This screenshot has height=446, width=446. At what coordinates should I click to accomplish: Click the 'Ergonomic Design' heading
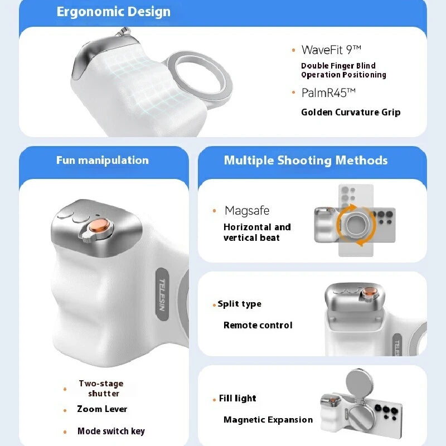(x=114, y=12)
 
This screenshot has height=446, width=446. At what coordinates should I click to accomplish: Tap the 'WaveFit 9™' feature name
(x=332, y=50)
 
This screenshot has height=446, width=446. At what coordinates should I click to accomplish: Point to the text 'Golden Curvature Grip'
(x=351, y=112)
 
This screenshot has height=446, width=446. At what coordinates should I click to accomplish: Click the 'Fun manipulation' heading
(x=103, y=161)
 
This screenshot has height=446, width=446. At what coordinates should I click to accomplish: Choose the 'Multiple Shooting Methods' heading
(x=306, y=161)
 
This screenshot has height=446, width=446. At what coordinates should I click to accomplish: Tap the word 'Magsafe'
(x=247, y=211)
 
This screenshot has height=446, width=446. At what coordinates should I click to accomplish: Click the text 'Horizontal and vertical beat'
(x=257, y=232)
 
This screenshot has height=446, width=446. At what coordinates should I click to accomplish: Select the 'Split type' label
(x=239, y=304)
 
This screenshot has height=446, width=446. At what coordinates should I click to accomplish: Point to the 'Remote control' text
(x=258, y=325)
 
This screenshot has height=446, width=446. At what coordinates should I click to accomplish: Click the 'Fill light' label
(x=237, y=399)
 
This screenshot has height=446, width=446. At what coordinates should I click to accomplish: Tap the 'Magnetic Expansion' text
(x=268, y=420)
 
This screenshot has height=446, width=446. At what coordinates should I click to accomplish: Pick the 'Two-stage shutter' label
(x=101, y=389)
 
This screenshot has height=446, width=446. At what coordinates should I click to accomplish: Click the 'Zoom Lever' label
(x=102, y=409)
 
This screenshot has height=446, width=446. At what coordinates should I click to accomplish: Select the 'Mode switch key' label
(x=111, y=431)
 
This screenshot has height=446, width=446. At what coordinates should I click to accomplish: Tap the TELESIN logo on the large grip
(x=163, y=295)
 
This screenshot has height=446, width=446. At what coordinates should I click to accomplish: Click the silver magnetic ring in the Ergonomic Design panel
(x=200, y=81)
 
